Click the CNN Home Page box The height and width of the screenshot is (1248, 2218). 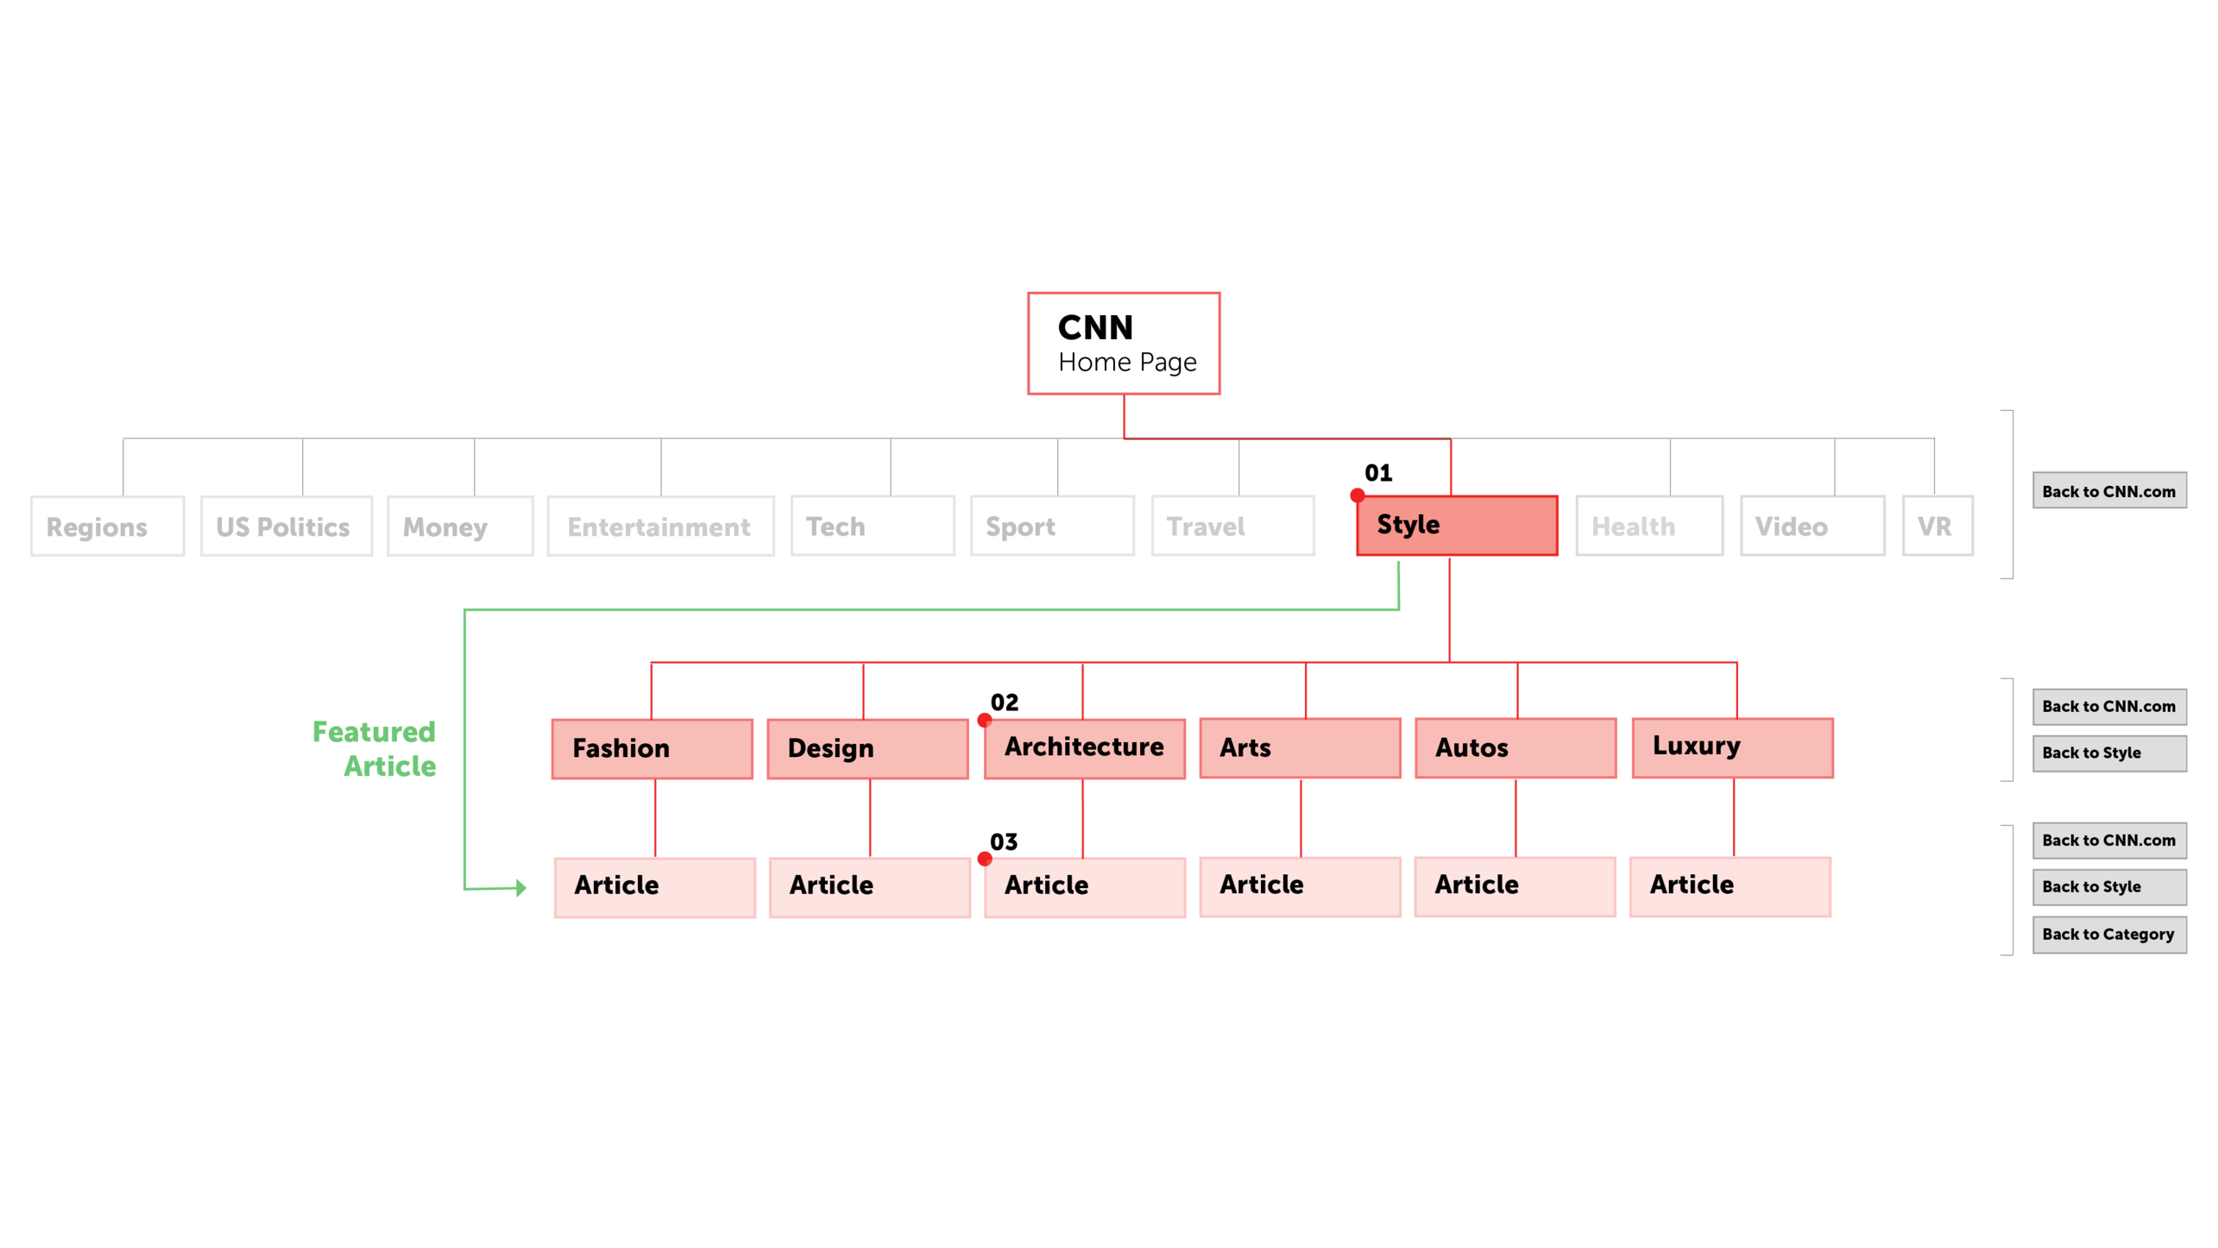(1123, 344)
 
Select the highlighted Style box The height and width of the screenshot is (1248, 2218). (1456, 525)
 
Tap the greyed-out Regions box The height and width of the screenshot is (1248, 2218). (107, 526)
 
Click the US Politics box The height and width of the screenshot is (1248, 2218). (286, 526)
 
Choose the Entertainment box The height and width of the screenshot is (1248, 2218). (660, 526)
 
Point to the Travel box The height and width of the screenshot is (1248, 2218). (1232, 526)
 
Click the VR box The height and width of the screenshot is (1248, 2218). (1937, 526)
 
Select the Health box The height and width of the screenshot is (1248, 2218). (1648, 526)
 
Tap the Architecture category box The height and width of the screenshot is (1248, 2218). (1084, 747)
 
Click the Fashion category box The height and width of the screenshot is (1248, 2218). (652, 748)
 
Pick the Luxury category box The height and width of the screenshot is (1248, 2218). (1732, 747)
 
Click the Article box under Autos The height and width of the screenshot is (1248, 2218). (1515, 886)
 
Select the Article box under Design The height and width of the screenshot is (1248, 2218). (869, 886)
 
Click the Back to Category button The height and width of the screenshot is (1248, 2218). (2108, 934)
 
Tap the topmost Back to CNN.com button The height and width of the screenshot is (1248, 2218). (2108, 490)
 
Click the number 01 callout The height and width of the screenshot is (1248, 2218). (1377, 473)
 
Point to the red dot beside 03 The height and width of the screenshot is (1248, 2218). (984, 859)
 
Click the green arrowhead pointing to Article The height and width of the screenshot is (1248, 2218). (520, 887)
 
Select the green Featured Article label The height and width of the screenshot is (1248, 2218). (375, 748)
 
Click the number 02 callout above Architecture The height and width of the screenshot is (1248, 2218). (1004, 703)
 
